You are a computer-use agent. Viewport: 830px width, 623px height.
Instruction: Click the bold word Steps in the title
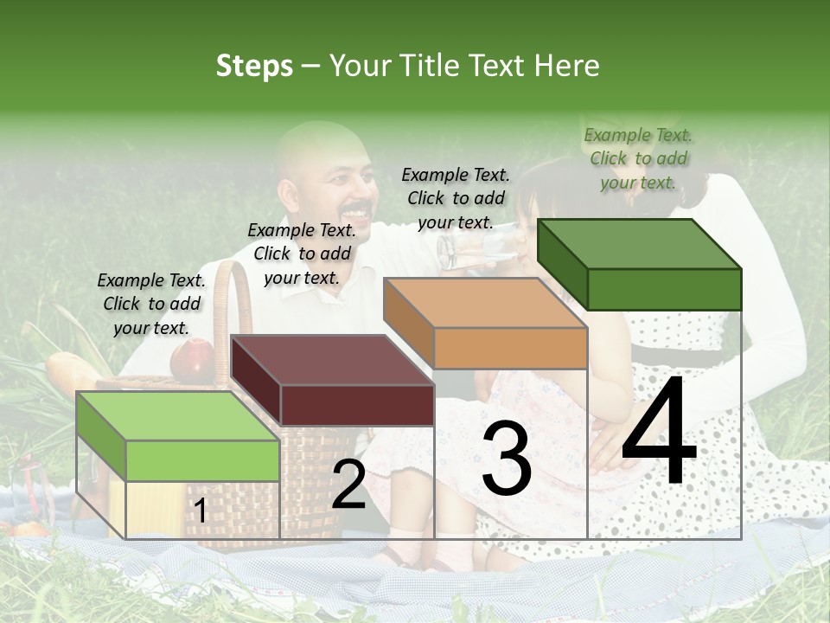254,66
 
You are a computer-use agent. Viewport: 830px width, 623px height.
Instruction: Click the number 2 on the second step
348,485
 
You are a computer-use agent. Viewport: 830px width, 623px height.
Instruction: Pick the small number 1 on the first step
200,511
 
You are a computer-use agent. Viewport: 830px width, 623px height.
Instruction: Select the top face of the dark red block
333,360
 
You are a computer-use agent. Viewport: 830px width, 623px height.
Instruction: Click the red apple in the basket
192,360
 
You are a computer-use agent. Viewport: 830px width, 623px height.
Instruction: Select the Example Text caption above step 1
151,304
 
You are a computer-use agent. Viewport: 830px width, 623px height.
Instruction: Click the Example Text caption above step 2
302,254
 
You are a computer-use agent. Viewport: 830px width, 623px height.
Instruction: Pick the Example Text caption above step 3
456,198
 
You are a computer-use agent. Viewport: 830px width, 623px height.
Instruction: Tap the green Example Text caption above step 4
638,158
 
